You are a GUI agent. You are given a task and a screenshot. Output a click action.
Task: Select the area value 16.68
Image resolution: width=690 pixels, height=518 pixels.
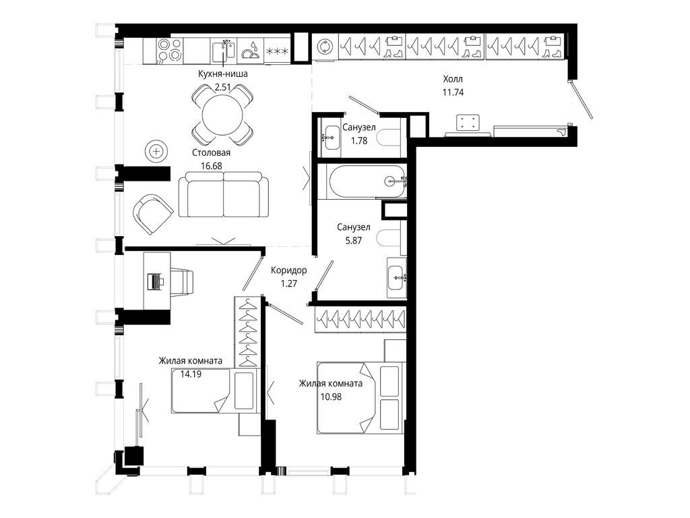pos(211,166)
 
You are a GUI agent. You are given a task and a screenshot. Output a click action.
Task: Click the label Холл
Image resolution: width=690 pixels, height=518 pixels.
pos(453,80)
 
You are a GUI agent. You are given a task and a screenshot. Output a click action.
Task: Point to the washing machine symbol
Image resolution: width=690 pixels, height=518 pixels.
pos(325,47)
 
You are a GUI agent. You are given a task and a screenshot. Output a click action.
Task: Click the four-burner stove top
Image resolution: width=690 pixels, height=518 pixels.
pos(169,50)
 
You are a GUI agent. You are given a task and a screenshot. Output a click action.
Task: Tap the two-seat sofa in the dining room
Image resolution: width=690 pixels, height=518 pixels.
pos(224,194)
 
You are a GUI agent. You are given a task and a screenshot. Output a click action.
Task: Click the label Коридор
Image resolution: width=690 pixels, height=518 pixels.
pos(288,270)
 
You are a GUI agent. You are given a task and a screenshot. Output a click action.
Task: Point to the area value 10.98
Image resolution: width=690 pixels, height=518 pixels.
pos(331,397)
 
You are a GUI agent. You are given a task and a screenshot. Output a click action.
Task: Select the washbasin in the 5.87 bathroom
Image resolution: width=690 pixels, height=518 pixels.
pos(397,277)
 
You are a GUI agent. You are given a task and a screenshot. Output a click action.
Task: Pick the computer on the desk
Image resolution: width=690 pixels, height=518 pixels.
pos(154,281)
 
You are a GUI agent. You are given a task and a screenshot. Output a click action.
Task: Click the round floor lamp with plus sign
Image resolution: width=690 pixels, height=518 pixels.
pos(156,152)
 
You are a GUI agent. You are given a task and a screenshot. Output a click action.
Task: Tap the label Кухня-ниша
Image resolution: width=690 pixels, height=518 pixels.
pos(222,74)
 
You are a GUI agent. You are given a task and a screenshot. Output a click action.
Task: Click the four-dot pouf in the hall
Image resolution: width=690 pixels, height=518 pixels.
pos(468,123)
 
